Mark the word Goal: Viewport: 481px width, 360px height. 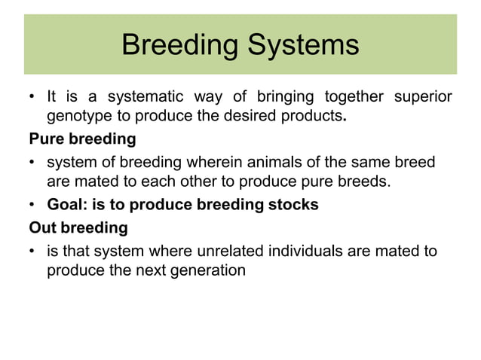66,205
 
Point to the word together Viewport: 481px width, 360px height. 353,97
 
